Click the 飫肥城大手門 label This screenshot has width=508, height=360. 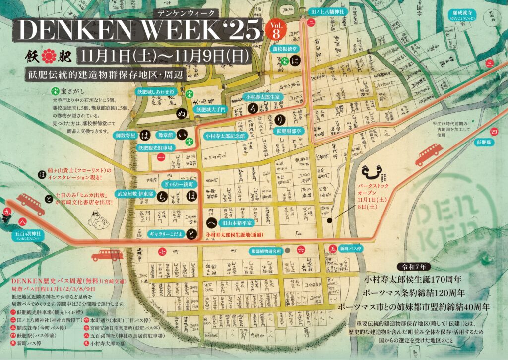point(210,109)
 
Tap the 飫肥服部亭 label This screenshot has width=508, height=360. point(289,131)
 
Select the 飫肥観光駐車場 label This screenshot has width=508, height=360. point(155,148)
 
